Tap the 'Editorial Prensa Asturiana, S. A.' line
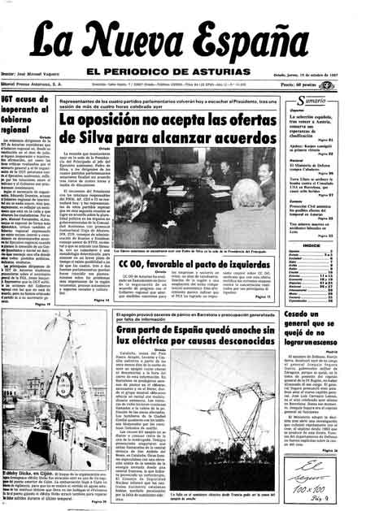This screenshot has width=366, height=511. (37, 83)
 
